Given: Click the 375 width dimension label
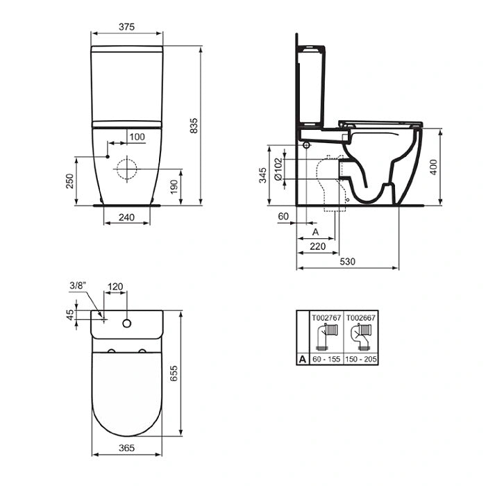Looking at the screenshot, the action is point(127,27).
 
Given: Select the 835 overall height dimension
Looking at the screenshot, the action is point(194,126).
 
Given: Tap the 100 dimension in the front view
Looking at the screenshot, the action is point(137,137).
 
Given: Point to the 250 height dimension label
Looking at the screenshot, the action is point(69,181).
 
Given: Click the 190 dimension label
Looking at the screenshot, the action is point(174,187).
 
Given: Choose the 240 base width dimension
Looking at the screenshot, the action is point(126,217).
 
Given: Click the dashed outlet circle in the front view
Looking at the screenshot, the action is point(127,169).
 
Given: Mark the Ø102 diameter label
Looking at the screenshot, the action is point(278,169).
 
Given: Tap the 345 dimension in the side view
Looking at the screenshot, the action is point(263,175).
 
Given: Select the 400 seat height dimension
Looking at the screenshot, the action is point(434,167).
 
